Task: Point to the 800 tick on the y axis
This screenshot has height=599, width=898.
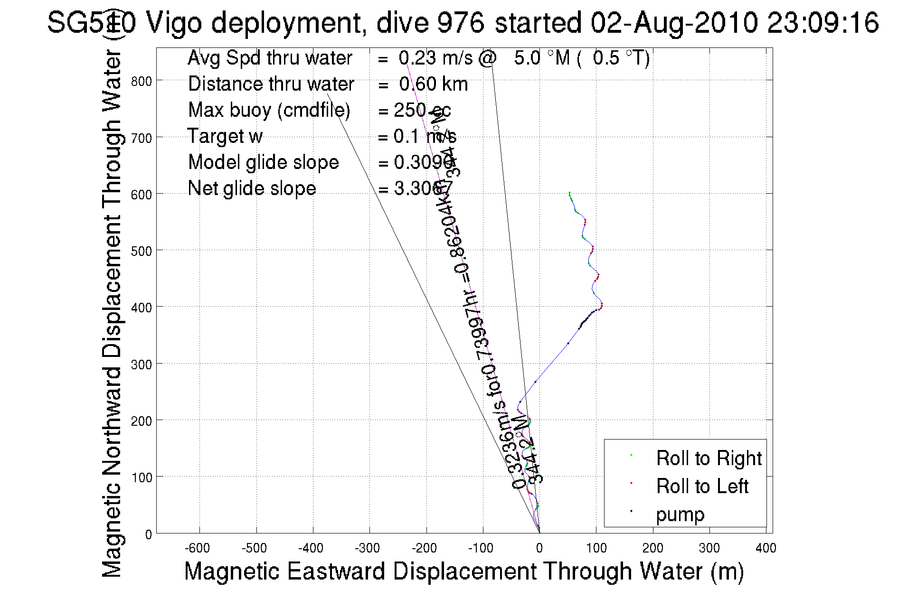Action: (x=142, y=81)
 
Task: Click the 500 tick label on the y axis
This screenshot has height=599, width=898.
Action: (x=142, y=251)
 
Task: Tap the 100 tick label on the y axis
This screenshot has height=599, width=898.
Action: (x=142, y=477)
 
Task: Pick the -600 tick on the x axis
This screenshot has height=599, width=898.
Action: (x=197, y=548)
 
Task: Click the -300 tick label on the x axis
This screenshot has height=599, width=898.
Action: (x=367, y=548)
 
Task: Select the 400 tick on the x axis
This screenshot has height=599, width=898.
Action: (x=766, y=548)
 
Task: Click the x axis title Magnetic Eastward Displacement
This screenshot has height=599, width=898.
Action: (x=463, y=571)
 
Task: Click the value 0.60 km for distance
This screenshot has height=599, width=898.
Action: (x=433, y=84)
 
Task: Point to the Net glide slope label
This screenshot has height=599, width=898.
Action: (x=252, y=188)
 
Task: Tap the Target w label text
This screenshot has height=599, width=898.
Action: (x=225, y=136)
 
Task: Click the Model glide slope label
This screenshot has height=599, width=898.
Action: (x=263, y=162)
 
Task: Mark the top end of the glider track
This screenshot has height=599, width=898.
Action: (x=569, y=192)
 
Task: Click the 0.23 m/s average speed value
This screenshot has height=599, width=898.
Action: (x=435, y=58)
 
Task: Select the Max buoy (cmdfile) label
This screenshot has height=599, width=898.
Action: (x=269, y=110)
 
